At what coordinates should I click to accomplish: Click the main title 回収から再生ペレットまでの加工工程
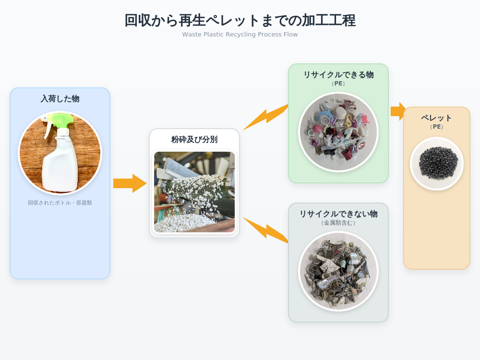click(x=240, y=21)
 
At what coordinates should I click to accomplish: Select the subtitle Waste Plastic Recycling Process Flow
click(x=240, y=34)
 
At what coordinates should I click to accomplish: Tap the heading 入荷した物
click(x=60, y=98)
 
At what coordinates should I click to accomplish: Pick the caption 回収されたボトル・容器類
click(x=60, y=203)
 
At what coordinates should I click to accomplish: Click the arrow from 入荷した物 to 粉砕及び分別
click(x=130, y=183)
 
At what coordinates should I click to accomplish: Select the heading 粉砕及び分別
click(x=194, y=140)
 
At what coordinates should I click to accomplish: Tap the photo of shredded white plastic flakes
click(x=194, y=192)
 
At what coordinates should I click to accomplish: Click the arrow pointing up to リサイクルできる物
click(x=266, y=117)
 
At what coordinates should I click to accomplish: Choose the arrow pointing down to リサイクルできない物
click(x=266, y=230)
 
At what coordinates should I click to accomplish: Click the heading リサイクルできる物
click(x=338, y=75)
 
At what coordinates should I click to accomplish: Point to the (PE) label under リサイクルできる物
click(x=338, y=84)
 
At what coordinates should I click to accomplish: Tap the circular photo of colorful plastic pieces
click(x=338, y=132)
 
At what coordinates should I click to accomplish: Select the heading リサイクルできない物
click(x=338, y=214)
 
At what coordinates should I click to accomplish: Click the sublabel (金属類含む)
click(x=338, y=223)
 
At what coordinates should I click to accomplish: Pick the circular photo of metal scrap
click(x=338, y=272)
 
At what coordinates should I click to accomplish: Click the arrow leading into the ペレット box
click(x=398, y=111)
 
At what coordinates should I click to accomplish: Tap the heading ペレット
click(x=436, y=118)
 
